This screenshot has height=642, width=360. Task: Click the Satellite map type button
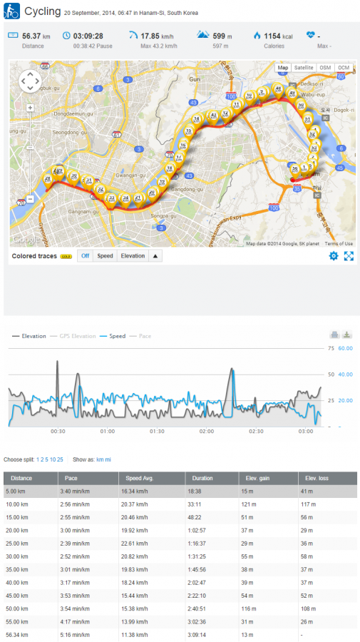304,67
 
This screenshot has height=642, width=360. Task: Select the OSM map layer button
325,67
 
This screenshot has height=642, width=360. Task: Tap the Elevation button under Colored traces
132,255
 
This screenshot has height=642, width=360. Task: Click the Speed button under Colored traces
105,255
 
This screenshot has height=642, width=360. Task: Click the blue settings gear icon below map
333,255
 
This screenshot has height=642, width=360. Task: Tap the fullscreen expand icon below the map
349,255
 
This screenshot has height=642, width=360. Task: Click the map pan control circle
30,81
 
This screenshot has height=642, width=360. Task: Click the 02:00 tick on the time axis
206,432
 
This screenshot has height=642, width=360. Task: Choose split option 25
60,459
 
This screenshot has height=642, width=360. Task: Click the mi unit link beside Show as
108,459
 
